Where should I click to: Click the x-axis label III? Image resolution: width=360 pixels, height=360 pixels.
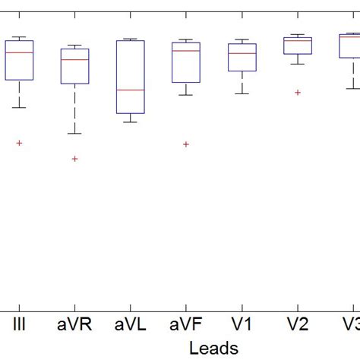tap(19, 324)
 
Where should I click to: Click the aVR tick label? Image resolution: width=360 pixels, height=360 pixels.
tap(74, 324)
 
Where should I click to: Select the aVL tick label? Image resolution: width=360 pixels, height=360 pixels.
tap(130, 324)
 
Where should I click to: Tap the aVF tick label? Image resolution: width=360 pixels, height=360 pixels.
tap(186, 324)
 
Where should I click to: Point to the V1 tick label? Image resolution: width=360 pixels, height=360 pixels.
tap(242, 324)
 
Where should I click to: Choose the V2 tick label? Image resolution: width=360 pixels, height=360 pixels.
tap(298, 324)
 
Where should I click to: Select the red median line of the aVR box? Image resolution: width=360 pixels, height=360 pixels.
tap(74, 59)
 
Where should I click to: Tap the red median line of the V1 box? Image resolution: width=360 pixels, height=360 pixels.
tap(242, 53)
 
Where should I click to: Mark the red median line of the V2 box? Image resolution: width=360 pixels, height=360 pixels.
tap(298, 41)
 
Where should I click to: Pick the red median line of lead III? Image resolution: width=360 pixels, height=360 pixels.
tap(19, 52)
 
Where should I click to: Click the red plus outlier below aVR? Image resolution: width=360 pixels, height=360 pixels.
tap(74, 159)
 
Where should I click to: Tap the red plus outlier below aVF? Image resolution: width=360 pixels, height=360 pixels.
tap(186, 144)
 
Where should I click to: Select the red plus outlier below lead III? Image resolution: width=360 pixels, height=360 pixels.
tap(19, 143)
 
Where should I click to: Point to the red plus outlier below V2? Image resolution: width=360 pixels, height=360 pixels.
tap(298, 93)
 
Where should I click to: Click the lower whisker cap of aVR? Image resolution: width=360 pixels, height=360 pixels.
tap(74, 134)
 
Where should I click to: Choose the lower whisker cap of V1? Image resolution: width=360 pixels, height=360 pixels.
tap(242, 93)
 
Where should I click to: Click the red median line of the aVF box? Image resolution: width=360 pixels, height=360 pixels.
tap(186, 51)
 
